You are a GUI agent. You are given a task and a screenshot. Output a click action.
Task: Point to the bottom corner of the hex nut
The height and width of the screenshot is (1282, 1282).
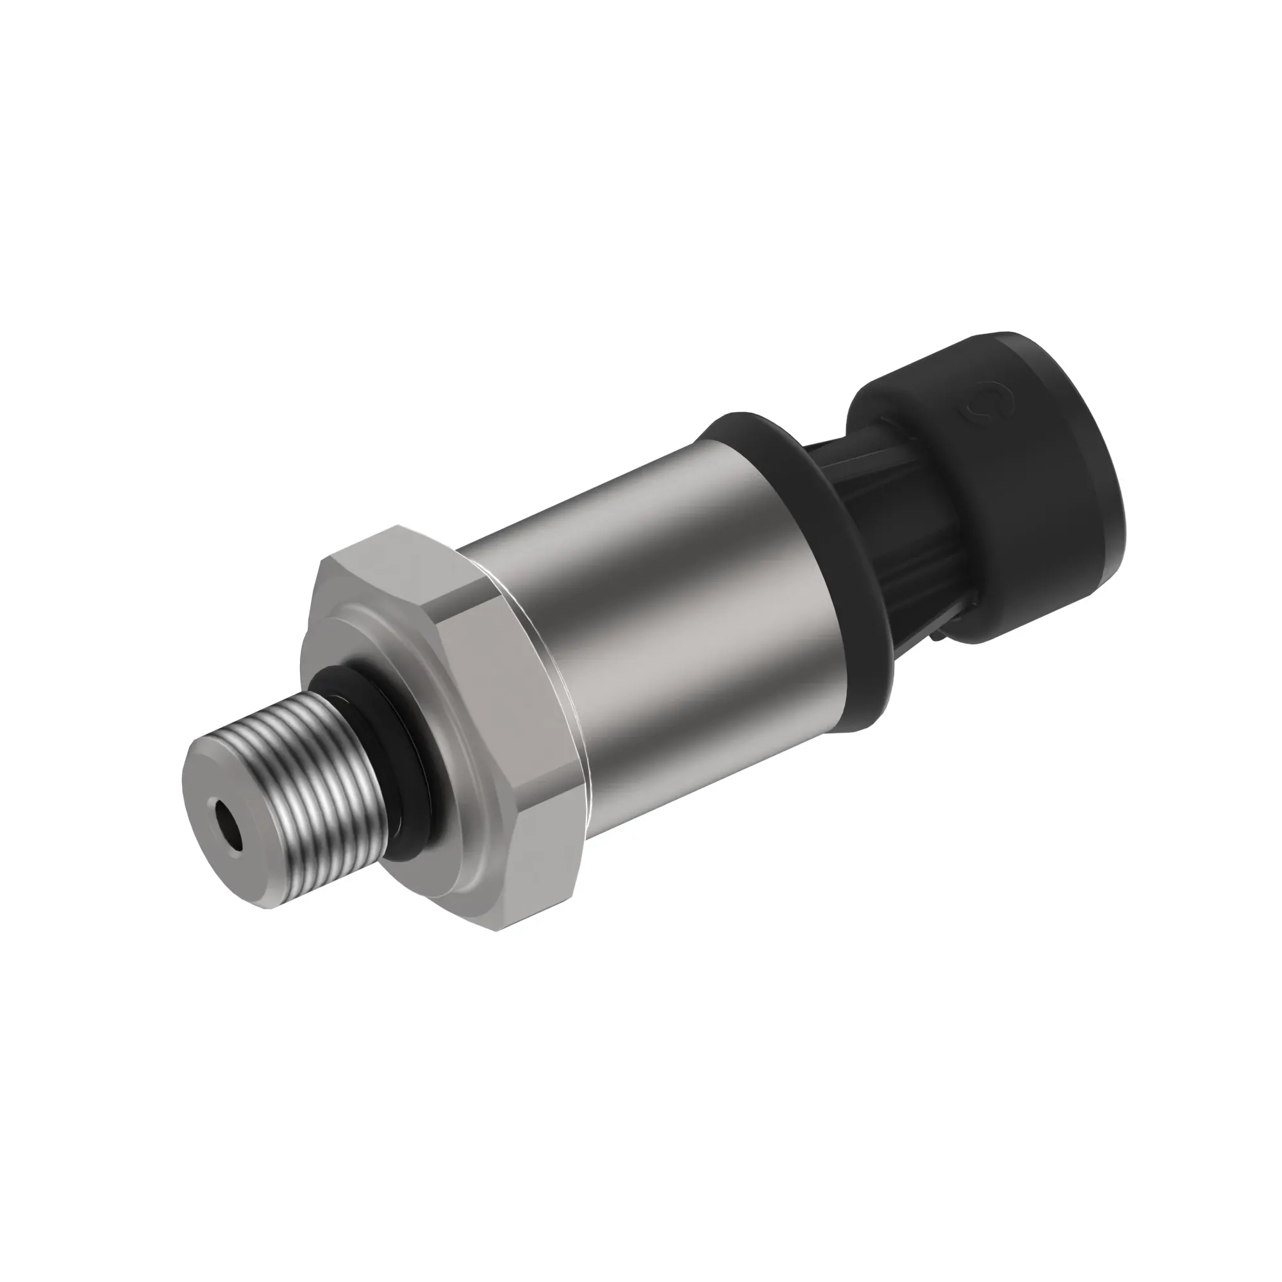(x=497, y=929)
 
